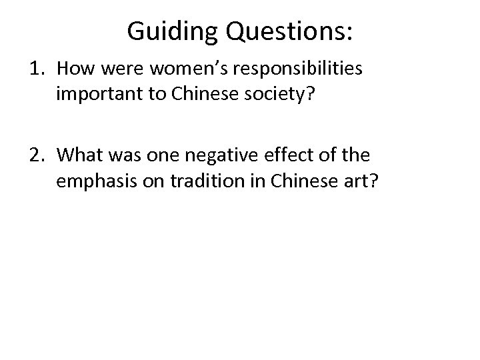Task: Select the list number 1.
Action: pos(38,69)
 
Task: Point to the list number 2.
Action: pos(38,156)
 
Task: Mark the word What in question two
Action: pos(78,156)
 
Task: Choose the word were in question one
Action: pos(113,69)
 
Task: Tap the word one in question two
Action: pos(157,156)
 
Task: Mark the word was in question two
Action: pos(121,156)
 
